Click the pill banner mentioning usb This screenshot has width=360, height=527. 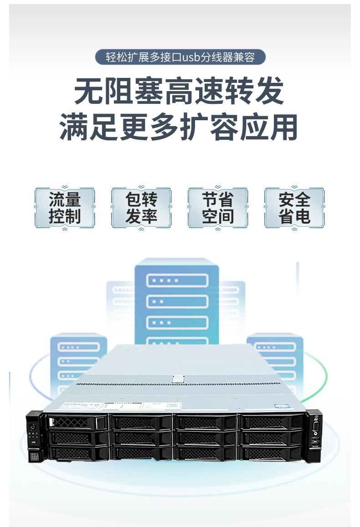click(180, 57)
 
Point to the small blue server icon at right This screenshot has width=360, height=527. click(275, 360)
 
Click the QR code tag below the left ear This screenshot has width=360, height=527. click(33, 455)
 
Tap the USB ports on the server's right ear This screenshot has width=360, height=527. click(314, 442)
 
